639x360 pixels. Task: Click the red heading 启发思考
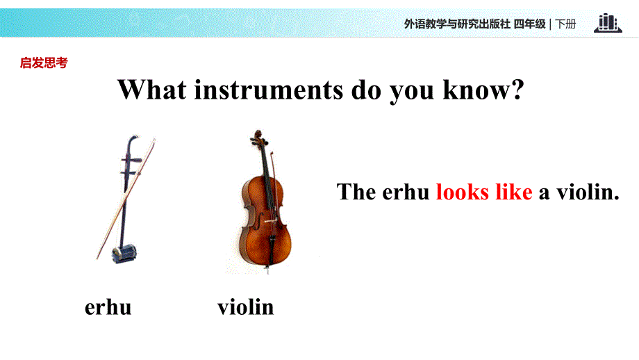[x=44, y=63]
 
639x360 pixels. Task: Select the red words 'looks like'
[x=483, y=192]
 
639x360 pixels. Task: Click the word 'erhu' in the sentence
[x=406, y=193]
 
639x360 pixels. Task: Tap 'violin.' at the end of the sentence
[x=579, y=193]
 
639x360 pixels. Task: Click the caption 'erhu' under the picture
[x=108, y=306]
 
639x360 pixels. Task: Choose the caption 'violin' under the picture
[x=245, y=306]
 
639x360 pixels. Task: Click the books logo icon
[x=608, y=23]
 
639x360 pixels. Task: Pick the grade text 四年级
[x=530, y=24]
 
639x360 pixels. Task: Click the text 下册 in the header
[x=566, y=24]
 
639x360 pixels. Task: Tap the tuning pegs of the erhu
[x=128, y=164]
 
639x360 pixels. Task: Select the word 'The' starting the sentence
[x=356, y=193]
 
